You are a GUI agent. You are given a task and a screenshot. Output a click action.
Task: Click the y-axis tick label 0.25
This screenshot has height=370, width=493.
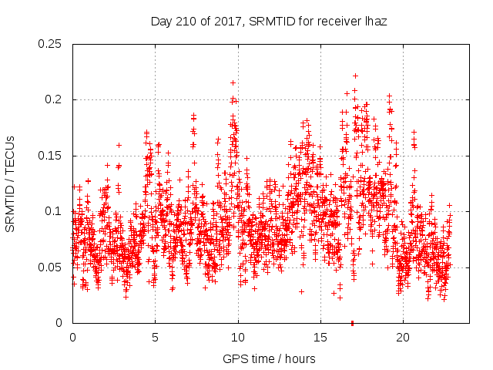coord(52,44)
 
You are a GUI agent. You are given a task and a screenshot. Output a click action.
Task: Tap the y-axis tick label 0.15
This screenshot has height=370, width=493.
coord(52,156)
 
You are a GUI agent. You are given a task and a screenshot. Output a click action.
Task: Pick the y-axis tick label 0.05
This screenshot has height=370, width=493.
coord(52,267)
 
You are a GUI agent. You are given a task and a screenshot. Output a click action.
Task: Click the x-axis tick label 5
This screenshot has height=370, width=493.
coord(155,338)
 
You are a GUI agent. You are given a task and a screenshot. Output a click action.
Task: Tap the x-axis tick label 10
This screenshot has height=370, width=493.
coord(238,338)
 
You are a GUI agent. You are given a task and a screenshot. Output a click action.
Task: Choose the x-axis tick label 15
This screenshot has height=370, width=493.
coord(320,338)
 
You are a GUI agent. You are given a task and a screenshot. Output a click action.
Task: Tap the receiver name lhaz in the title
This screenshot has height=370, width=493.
coord(375,22)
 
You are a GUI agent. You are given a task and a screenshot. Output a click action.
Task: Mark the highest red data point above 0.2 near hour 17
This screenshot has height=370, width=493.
coord(355,76)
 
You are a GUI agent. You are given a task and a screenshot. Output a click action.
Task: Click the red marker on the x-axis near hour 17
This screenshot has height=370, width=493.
coord(352,322)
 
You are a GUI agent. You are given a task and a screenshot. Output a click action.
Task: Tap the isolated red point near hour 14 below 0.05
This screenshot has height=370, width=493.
coord(301,291)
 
